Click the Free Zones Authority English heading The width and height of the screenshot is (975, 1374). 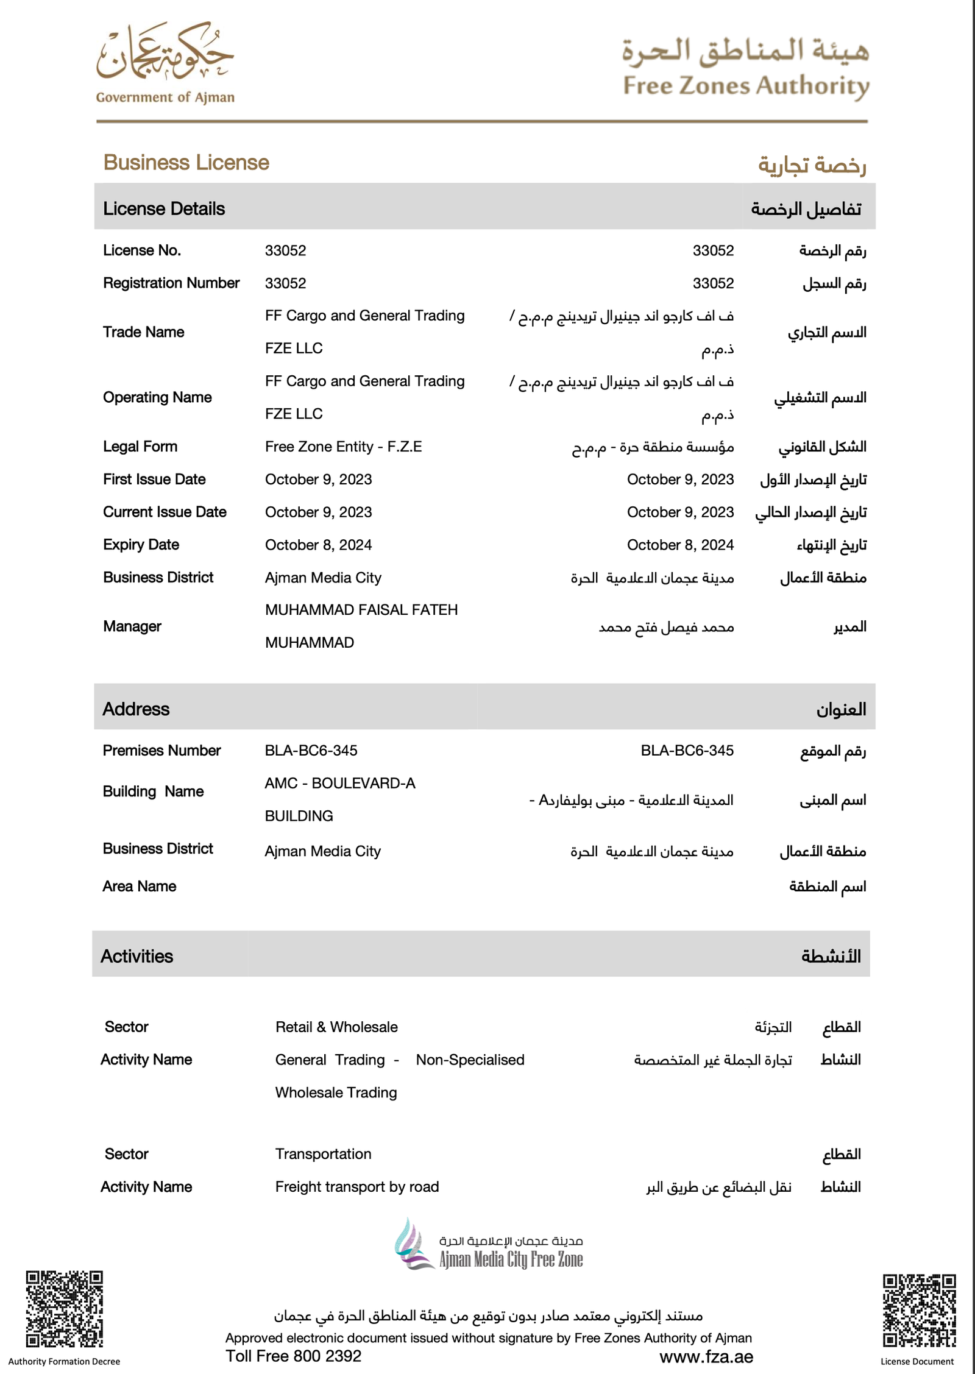point(746,86)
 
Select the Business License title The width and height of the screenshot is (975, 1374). point(186,163)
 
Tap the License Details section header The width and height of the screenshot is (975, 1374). point(164,208)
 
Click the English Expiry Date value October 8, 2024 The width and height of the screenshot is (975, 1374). point(318,545)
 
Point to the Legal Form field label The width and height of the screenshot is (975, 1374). point(140,447)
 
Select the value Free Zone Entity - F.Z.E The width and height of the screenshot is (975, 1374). point(343,447)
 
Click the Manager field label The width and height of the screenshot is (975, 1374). point(132,626)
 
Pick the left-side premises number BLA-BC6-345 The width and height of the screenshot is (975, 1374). point(311,750)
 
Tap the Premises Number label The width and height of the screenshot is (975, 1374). point(161,750)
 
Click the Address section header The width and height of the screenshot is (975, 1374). point(136,709)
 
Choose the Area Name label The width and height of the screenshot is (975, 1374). point(140,886)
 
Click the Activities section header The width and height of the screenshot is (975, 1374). point(136,956)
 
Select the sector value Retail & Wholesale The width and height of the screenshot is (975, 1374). point(336,1027)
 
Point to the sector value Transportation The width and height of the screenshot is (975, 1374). point(323,1153)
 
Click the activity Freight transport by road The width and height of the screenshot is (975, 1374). point(357,1186)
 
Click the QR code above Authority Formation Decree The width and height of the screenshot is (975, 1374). point(64,1309)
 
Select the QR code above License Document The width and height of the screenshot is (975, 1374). point(919,1310)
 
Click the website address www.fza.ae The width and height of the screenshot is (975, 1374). point(706,1356)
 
